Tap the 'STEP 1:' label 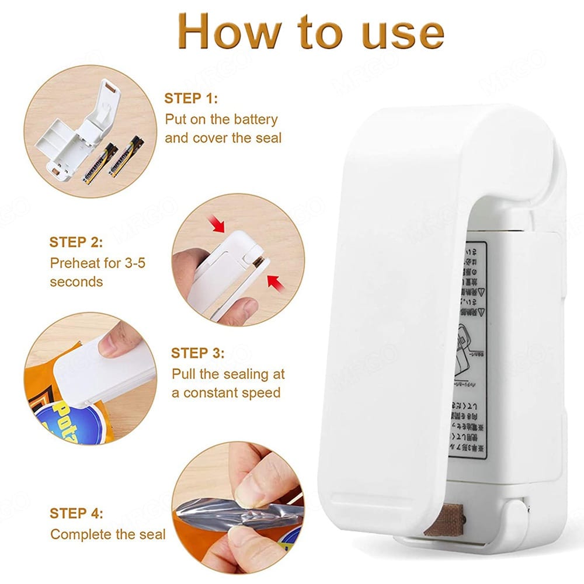(190, 98)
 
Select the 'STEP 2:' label (76, 242)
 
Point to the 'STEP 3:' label (198, 353)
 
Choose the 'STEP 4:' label (76, 513)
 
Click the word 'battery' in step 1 (255, 119)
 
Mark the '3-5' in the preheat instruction (133, 262)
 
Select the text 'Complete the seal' (108, 534)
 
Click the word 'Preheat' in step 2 (75, 262)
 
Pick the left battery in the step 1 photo (99, 164)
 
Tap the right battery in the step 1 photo (127, 157)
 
